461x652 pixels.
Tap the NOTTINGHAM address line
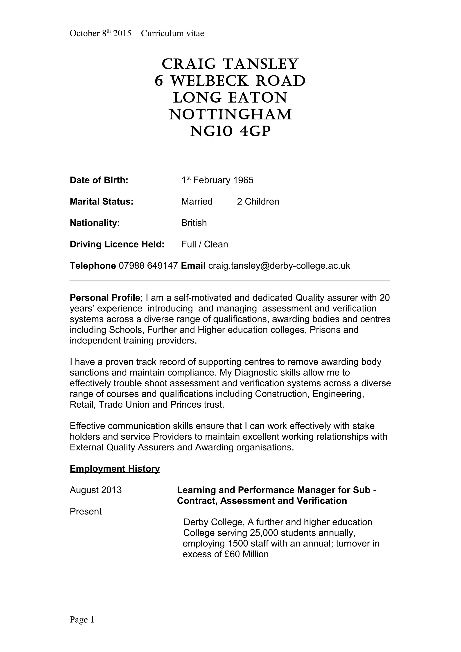coord(230,115)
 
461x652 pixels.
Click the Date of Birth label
coord(99,180)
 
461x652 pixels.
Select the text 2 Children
coord(258,202)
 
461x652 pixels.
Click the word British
coord(194,223)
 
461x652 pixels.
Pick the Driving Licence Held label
coord(117,244)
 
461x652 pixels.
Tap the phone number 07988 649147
coord(148,266)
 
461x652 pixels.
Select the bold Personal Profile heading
coord(105,298)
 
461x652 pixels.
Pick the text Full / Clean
coord(205,244)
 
